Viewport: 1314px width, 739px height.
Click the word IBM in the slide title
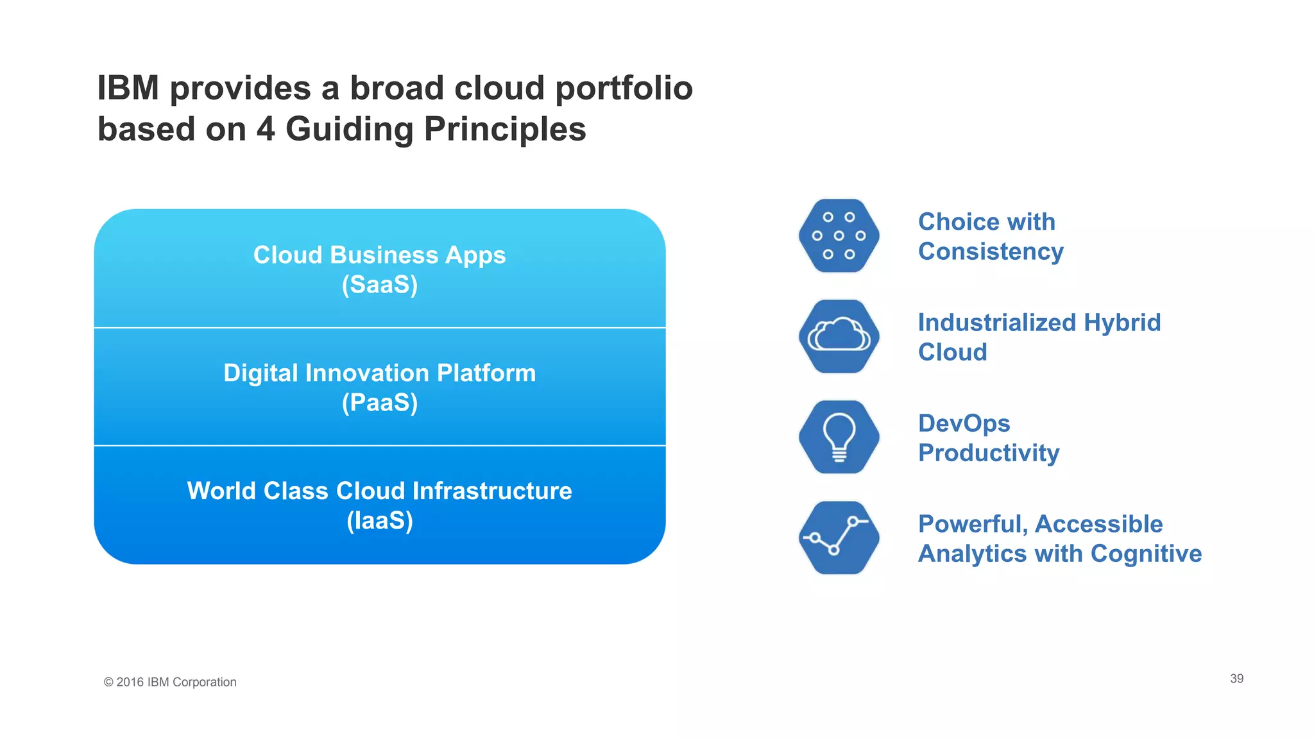pyautogui.click(x=128, y=88)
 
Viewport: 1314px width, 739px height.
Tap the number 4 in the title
pyautogui.click(x=266, y=129)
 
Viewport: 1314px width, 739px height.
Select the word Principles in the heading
pyautogui.click(x=505, y=129)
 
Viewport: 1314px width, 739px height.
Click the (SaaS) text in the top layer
pyautogui.click(x=379, y=285)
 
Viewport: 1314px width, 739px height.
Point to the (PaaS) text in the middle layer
pyautogui.click(x=379, y=403)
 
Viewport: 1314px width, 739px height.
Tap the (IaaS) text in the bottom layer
pyautogui.click(x=379, y=520)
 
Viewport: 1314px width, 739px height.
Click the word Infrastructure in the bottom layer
pyautogui.click(x=492, y=491)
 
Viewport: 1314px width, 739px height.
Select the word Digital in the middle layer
pyautogui.click(x=260, y=373)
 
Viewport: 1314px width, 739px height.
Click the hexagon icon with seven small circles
pyautogui.click(x=839, y=235)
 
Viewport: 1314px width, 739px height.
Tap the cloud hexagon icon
pyautogui.click(x=839, y=336)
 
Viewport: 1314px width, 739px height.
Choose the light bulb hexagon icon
pyautogui.click(x=839, y=437)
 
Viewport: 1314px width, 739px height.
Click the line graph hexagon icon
pyautogui.click(x=839, y=538)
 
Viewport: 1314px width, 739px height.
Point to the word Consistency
pyautogui.click(x=991, y=251)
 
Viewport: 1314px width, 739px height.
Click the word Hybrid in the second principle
pyautogui.click(x=1122, y=323)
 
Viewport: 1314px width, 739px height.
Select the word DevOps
pyautogui.click(x=964, y=423)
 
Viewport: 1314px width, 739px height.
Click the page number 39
pyautogui.click(x=1236, y=679)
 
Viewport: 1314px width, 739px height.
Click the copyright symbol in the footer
pyautogui.click(x=108, y=683)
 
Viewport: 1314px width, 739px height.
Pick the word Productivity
pyautogui.click(x=988, y=453)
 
